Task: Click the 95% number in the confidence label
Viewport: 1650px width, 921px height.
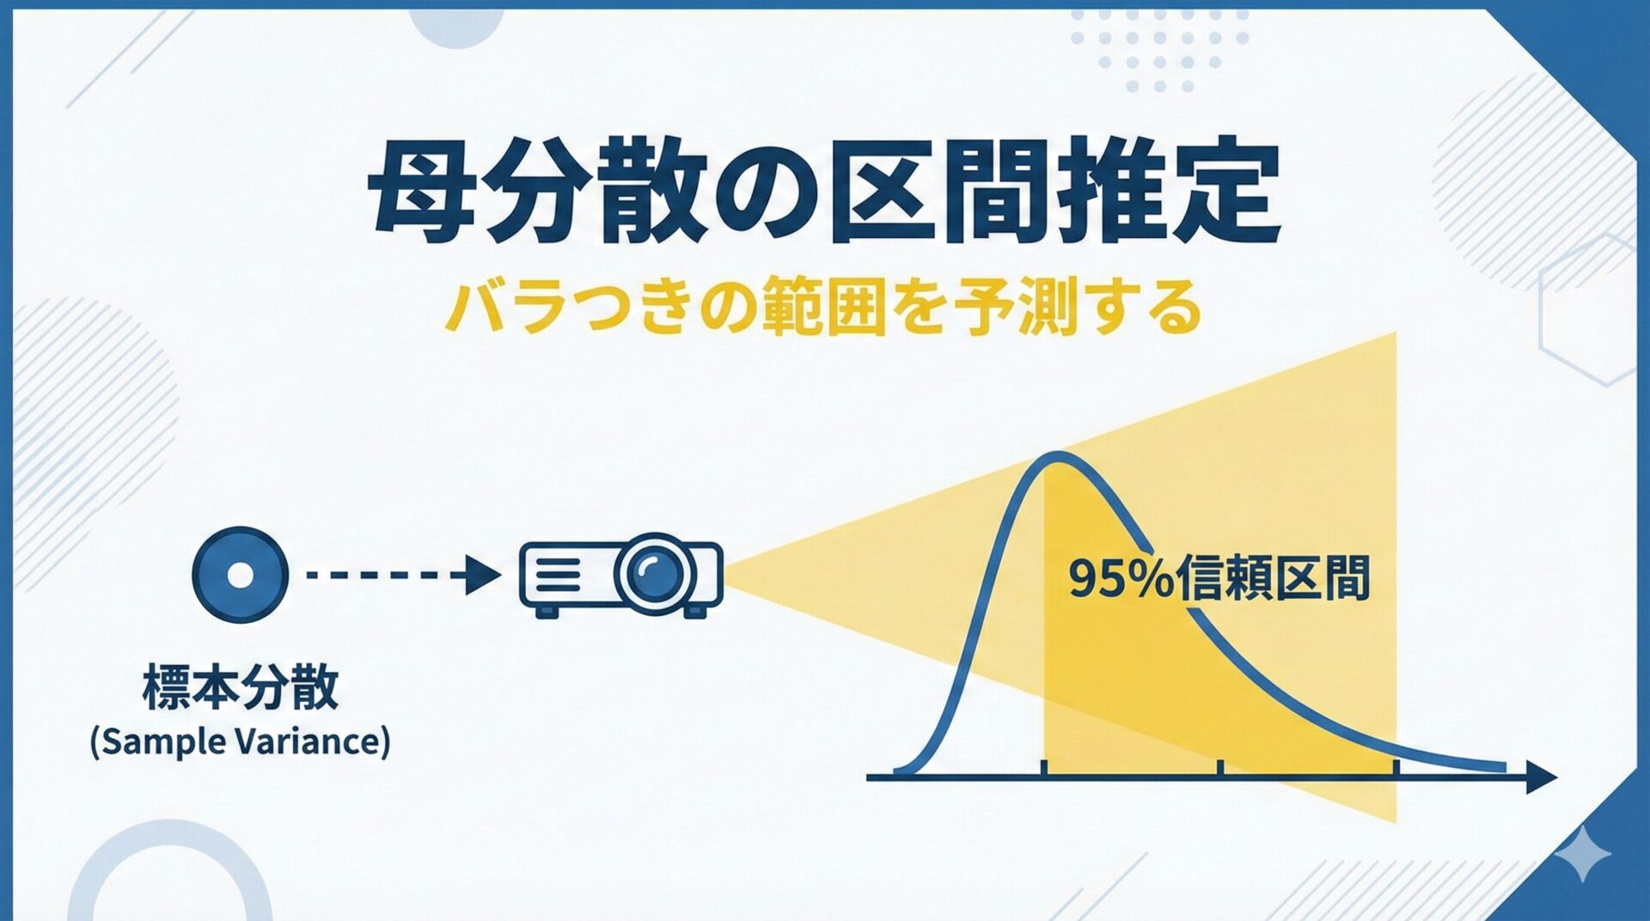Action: tap(1121, 579)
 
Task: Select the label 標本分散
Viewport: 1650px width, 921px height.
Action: tap(241, 687)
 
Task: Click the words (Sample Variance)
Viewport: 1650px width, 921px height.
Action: tap(241, 741)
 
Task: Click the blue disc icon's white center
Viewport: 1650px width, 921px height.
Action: tap(240, 575)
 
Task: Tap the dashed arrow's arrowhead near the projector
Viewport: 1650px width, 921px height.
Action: tap(482, 575)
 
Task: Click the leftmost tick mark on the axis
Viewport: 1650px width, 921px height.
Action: tap(1043, 767)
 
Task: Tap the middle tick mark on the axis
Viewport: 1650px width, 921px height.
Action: tap(1219, 767)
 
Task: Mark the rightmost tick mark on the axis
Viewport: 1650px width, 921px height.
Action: tap(1396, 767)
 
